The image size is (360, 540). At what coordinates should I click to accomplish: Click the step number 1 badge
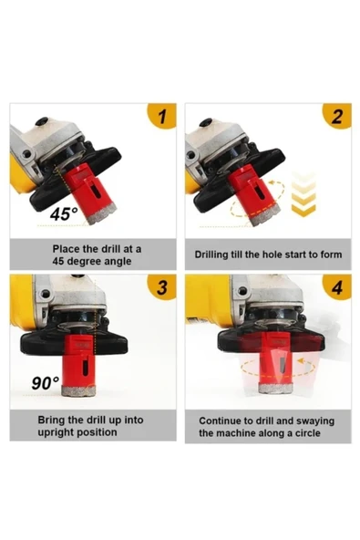point(162,116)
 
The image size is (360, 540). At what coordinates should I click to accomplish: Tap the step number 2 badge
point(337,116)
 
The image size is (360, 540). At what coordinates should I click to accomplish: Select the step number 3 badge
point(162,287)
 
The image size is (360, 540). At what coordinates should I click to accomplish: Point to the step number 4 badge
point(337,287)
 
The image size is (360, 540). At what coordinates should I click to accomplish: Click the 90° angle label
point(45,383)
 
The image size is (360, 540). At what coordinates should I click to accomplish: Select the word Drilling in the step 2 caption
point(211,254)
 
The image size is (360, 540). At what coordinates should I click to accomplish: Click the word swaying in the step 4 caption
point(315,421)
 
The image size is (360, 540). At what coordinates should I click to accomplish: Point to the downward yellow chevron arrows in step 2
point(303,194)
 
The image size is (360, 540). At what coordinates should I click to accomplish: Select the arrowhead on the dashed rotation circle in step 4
point(302,361)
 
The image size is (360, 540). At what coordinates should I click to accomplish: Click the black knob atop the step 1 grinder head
point(42,121)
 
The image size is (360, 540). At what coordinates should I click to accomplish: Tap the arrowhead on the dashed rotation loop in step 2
point(273,182)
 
